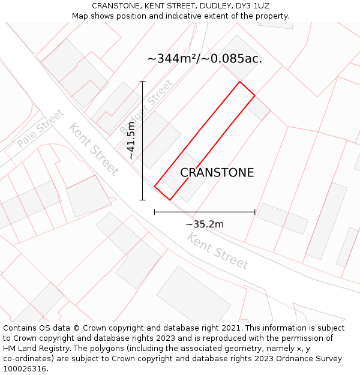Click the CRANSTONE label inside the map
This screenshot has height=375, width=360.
217,173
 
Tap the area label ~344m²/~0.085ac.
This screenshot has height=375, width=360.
205,59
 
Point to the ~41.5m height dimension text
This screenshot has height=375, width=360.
131,140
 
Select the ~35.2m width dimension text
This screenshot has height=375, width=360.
205,224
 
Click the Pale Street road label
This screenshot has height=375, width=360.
40,128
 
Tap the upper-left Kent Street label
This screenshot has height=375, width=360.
94,149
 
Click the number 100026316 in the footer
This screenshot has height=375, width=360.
24,369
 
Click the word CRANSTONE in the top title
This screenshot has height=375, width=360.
116,6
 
